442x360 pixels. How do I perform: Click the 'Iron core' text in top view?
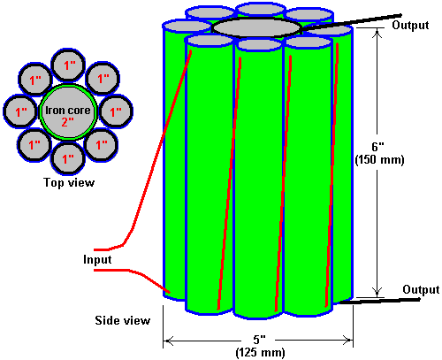point(68,111)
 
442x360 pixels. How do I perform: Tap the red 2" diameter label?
point(67,121)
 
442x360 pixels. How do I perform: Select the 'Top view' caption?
point(69,182)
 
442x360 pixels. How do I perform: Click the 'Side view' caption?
point(123,320)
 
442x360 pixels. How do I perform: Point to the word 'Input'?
point(97,259)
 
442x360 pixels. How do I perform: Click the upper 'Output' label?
point(410,25)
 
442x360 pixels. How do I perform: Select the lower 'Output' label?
point(421,289)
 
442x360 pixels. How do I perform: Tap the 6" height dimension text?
point(378,147)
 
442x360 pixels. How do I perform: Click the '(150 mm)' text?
point(379,160)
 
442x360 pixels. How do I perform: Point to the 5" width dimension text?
point(260,340)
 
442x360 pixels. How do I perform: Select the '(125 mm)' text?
point(261,352)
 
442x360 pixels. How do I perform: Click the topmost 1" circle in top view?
point(68,65)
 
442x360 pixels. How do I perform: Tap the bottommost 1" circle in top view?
point(68,158)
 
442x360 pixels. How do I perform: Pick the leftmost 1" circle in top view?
point(20,111)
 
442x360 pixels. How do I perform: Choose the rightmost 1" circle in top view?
point(116,111)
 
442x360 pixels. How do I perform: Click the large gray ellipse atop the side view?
point(256,28)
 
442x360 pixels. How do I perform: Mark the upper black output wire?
point(352,21)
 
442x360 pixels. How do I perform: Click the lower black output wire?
point(379,301)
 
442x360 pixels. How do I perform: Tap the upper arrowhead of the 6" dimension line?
point(377,33)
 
